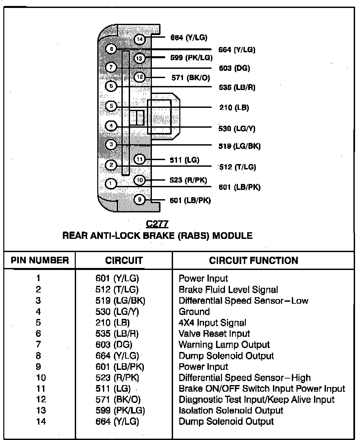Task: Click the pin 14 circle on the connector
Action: click(140, 39)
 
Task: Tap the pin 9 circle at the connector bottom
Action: click(140, 199)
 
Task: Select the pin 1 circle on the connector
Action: click(111, 184)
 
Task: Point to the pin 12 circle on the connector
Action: click(140, 77)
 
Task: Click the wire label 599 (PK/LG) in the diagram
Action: click(191, 58)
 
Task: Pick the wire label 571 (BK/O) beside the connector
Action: click(191, 78)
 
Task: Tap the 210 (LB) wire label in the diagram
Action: click(234, 108)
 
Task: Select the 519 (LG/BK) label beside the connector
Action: click(239, 146)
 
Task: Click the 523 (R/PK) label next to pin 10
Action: click(188, 180)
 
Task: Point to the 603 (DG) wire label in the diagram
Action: click(234, 68)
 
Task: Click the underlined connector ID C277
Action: click(157, 224)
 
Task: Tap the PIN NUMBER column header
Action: click(40, 260)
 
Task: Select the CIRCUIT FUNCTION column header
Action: click(253, 261)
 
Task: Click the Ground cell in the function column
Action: click(194, 312)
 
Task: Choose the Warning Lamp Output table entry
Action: click(224, 345)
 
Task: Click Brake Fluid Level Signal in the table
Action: click(228, 290)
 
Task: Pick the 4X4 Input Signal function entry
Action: click(212, 323)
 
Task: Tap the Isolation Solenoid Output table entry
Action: click(231, 411)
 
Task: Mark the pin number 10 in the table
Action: click(41, 378)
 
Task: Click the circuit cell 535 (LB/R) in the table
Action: click(117, 334)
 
